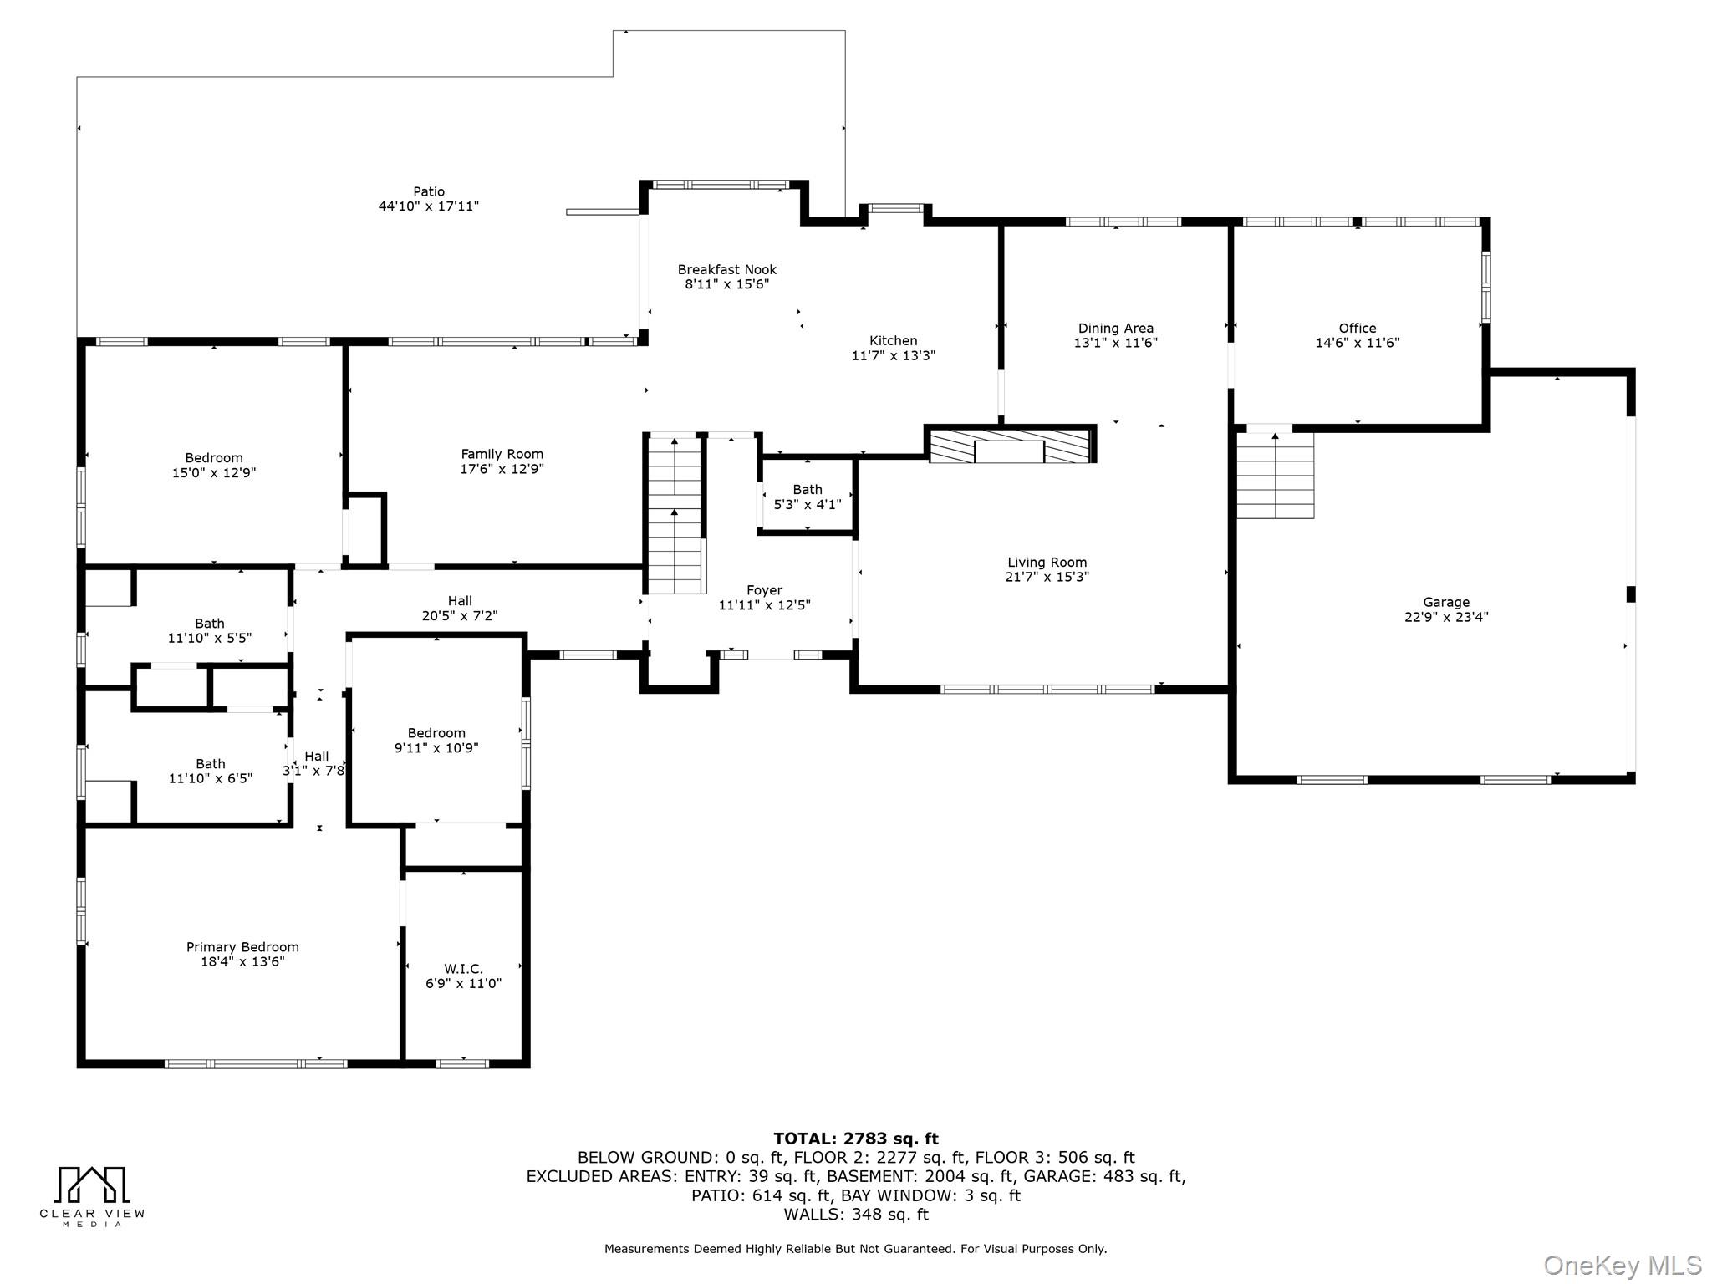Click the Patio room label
(x=429, y=191)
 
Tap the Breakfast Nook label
(x=727, y=269)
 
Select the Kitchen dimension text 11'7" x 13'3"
(x=894, y=355)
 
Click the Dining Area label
(x=1116, y=329)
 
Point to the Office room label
(x=1358, y=329)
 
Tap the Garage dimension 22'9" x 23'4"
(x=1446, y=618)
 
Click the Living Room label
(x=1047, y=563)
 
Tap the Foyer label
(x=765, y=590)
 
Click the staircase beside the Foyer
(x=675, y=514)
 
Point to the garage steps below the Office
(x=1275, y=474)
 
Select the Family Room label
(x=502, y=454)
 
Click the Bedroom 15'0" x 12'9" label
(x=214, y=465)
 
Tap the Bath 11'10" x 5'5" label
(x=210, y=630)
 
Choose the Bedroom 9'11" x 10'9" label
(x=436, y=741)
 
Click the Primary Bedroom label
(x=242, y=947)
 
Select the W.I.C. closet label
(x=463, y=969)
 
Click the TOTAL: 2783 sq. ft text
(x=856, y=1139)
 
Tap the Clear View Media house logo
(x=92, y=1185)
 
